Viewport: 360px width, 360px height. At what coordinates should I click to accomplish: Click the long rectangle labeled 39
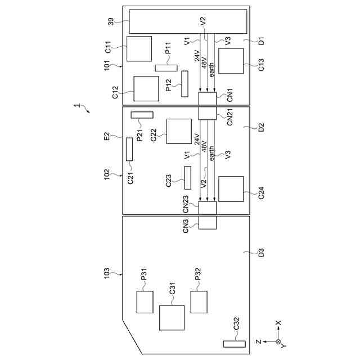(x=189, y=21)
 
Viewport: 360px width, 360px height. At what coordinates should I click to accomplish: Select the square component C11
(x=139, y=49)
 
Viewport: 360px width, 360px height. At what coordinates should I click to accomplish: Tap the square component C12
(x=146, y=88)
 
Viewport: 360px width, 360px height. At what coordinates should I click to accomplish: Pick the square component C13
(x=231, y=61)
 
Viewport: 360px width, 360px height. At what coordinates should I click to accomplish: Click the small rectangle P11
(x=166, y=68)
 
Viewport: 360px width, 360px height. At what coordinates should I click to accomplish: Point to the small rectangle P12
(x=184, y=84)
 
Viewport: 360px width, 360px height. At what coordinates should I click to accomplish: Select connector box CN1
(x=208, y=98)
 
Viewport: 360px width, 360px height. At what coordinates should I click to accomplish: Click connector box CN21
(x=208, y=113)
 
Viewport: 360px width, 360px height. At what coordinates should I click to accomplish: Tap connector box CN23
(x=208, y=208)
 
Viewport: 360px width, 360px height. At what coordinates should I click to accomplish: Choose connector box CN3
(x=208, y=223)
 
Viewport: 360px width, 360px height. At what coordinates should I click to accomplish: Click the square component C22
(x=179, y=131)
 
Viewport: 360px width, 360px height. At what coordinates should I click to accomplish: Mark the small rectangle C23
(x=188, y=177)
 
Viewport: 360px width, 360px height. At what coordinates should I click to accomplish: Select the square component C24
(x=231, y=189)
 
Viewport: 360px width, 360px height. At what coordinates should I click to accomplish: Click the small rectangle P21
(x=142, y=115)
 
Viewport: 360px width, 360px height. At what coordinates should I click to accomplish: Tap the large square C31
(x=172, y=318)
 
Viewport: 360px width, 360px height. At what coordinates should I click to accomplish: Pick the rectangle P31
(x=145, y=302)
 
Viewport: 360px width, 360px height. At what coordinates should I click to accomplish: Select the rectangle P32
(x=199, y=302)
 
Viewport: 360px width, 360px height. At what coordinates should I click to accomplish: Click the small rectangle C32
(x=235, y=344)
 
